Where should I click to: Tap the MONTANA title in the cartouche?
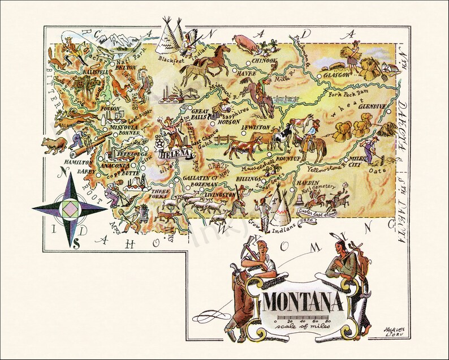(x=304, y=301)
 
